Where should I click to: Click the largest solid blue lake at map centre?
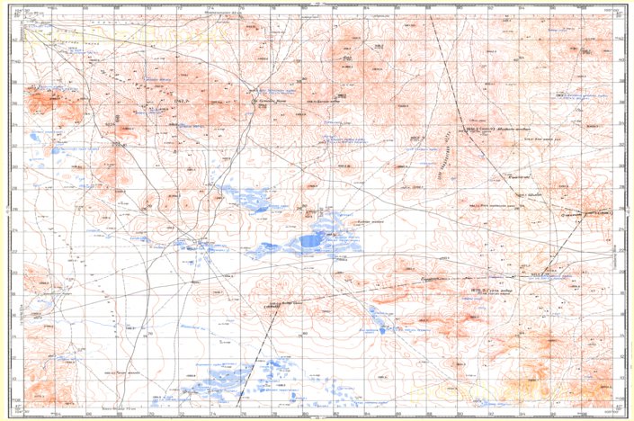click(x=312, y=240)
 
